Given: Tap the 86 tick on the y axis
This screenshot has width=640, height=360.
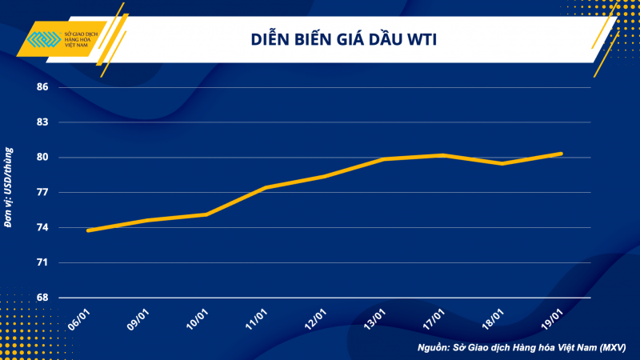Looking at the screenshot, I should pos(42,87).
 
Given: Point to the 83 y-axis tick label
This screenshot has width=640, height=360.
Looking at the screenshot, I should pos(42,122).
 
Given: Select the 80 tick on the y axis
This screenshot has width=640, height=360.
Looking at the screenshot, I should pos(42,158).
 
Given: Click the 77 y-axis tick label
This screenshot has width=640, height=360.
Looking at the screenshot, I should pos(42,193).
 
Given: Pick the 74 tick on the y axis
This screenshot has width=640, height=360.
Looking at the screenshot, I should pos(42,228).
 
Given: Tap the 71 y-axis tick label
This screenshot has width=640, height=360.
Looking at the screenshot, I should pos(42,262).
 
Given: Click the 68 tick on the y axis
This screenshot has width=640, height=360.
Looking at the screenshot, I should pos(42,298).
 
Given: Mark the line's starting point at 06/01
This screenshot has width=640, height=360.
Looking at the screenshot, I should pos(88,230).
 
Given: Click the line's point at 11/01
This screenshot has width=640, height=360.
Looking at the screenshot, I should pos(266,187).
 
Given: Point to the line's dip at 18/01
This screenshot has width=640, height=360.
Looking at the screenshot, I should pos(502,163).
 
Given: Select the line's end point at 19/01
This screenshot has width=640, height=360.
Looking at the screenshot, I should pos(562,154).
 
